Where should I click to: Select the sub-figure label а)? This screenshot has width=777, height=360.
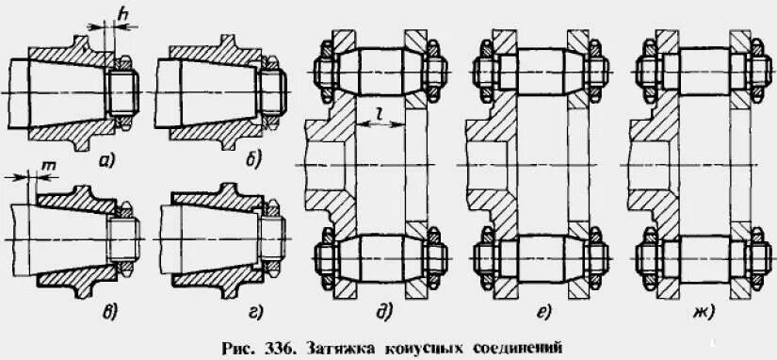(x=106, y=162)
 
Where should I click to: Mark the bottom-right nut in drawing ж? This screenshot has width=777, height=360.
(x=755, y=256)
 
